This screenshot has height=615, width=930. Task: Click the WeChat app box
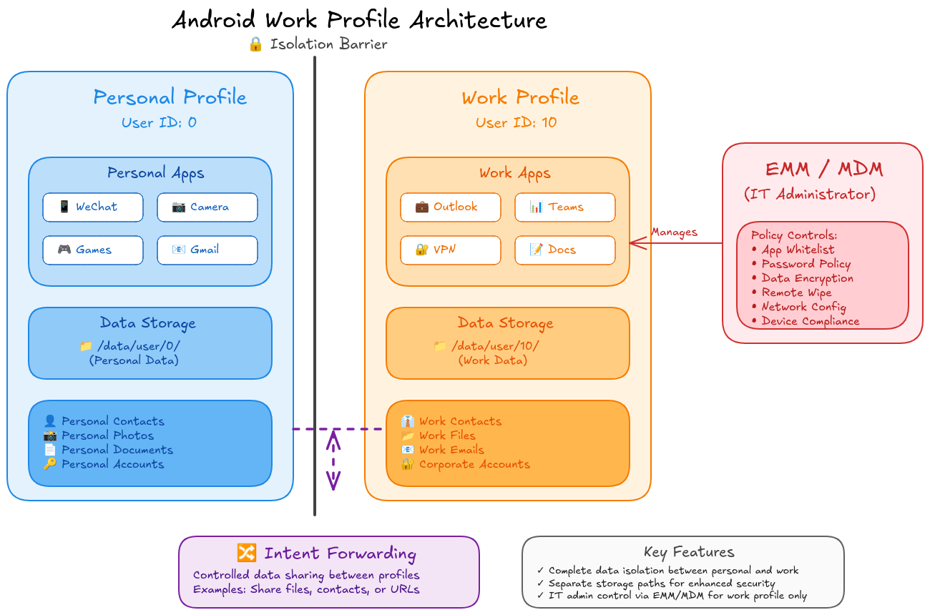[93, 207]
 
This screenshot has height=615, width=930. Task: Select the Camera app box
[207, 207]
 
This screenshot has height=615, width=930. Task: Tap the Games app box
[93, 250]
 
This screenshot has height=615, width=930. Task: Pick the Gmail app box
[207, 250]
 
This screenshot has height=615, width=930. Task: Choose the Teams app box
[565, 207]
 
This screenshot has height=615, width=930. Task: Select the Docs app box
[565, 250]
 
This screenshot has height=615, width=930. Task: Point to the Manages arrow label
[674, 232]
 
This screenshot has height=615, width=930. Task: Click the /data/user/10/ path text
[495, 346]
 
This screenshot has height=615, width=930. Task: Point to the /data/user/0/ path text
[138, 346]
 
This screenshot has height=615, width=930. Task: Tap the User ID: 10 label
[517, 122]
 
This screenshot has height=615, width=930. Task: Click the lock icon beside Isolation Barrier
[256, 44]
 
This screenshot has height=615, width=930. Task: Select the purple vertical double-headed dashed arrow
[333, 461]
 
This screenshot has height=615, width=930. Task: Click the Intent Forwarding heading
[340, 553]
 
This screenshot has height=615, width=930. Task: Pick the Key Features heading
[688, 552]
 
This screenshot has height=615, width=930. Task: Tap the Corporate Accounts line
[474, 464]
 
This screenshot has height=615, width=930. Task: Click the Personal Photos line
[107, 436]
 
